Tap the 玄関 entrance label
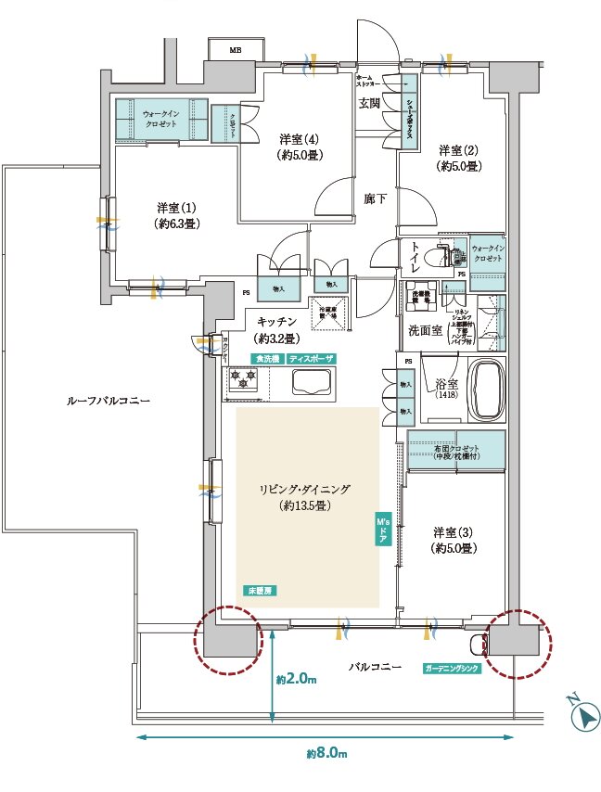click(369, 103)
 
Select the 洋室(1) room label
click(168, 214)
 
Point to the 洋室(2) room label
click(458, 158)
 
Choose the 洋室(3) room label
click(454, 540)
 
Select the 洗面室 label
click(424, 330)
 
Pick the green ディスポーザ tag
click(311, 358)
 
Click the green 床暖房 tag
click(261, 591)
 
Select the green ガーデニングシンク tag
click(452, 668)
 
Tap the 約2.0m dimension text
click(296, 680)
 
